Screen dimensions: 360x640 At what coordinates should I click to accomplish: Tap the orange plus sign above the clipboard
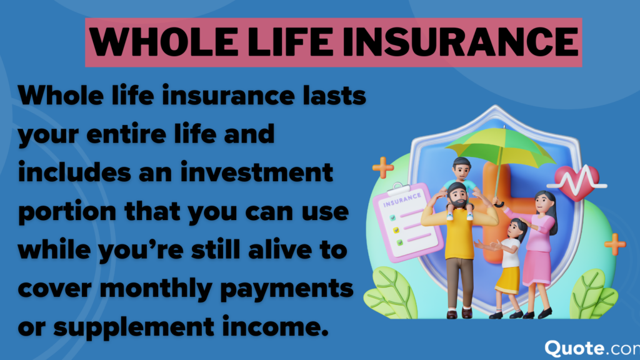[x=382, y=167]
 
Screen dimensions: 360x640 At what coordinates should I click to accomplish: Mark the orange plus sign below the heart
[x=615, y=244]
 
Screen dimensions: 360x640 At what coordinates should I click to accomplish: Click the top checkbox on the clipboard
[x=393, y=218]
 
